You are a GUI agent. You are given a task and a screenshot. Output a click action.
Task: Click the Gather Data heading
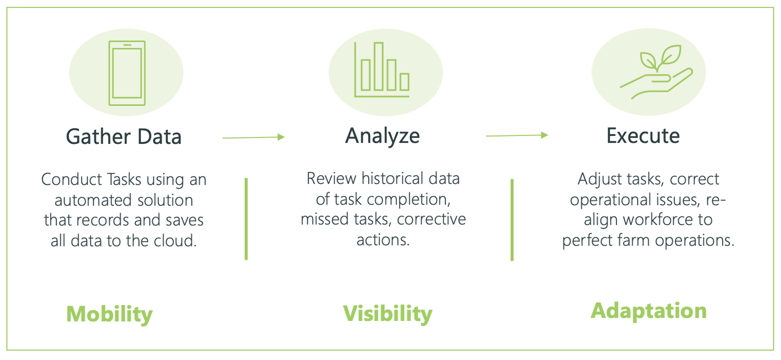124,136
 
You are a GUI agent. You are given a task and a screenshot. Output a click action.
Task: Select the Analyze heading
383,135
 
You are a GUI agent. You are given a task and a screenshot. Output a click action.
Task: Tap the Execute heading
643,135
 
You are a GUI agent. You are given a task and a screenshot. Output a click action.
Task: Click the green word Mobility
109,314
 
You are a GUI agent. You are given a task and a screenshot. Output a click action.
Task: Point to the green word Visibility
387,314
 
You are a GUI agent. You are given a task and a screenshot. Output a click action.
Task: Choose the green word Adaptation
649,311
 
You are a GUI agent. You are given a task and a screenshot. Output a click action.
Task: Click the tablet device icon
127,73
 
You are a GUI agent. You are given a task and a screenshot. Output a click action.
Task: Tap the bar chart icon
383,70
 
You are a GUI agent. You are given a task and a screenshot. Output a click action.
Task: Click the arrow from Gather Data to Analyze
254,137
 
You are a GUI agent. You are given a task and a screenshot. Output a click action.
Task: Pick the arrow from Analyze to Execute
517,135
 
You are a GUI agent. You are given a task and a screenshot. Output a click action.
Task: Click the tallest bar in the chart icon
379,66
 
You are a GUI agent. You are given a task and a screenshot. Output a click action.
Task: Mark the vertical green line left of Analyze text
246,218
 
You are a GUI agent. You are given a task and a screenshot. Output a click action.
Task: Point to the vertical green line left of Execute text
512,219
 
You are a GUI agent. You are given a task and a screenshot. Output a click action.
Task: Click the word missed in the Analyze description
321,220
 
